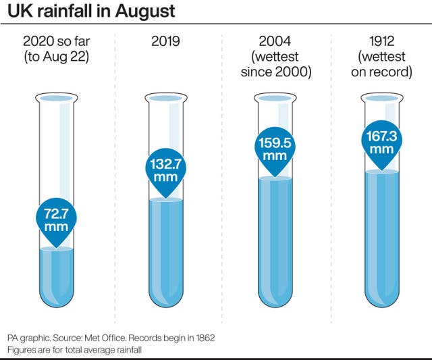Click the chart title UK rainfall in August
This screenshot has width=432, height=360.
click(91, 11)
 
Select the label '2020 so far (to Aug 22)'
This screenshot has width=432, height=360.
click(57, 49)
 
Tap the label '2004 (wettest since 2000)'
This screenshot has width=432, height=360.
click(275, 57)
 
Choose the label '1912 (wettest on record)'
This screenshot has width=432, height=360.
click(381, 57)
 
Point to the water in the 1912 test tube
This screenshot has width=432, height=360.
click(381, 233)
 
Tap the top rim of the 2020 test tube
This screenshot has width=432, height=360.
click(57, 99)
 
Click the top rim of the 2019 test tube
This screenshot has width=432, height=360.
click(165, 99)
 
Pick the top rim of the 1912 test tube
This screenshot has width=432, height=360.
click(381, 99)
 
